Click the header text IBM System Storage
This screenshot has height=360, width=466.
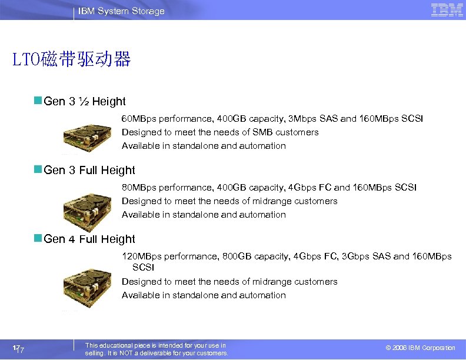121,11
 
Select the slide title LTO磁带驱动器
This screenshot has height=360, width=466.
71,59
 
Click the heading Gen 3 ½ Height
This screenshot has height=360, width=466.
85,102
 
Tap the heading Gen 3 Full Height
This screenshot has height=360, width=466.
89,171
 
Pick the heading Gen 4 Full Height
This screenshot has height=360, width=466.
89,239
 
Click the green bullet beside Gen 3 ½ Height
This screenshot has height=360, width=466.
38,101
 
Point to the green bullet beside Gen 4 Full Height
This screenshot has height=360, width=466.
38,239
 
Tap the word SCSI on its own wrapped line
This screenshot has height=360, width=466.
143,267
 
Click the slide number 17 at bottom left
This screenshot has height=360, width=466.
18,349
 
